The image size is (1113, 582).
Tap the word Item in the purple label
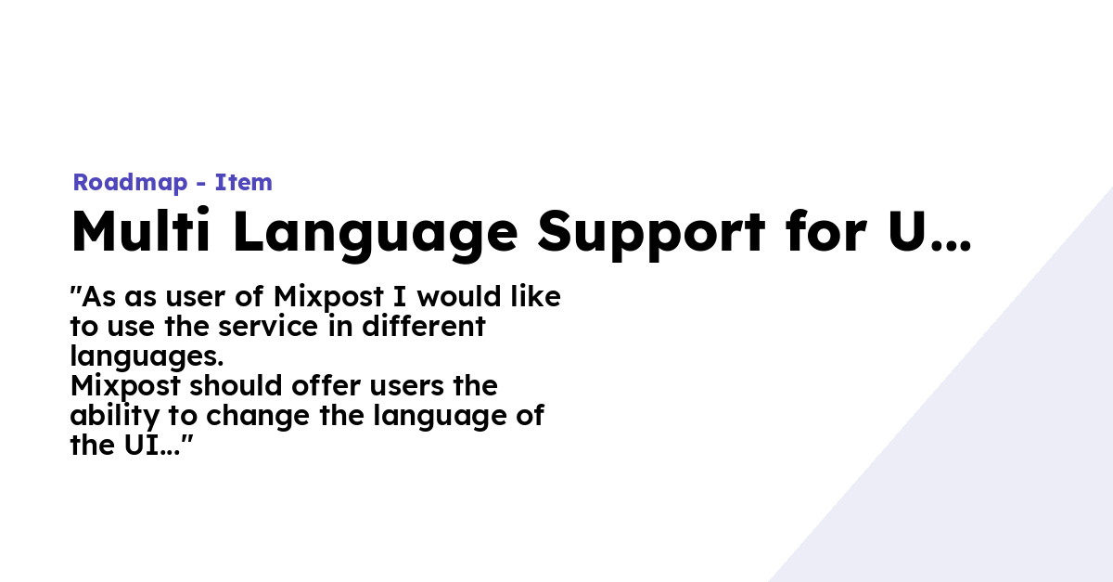tap(244, 183)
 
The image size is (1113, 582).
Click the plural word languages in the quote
tap(146, 357)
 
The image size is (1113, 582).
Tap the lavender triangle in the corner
tap(1002, 464)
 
